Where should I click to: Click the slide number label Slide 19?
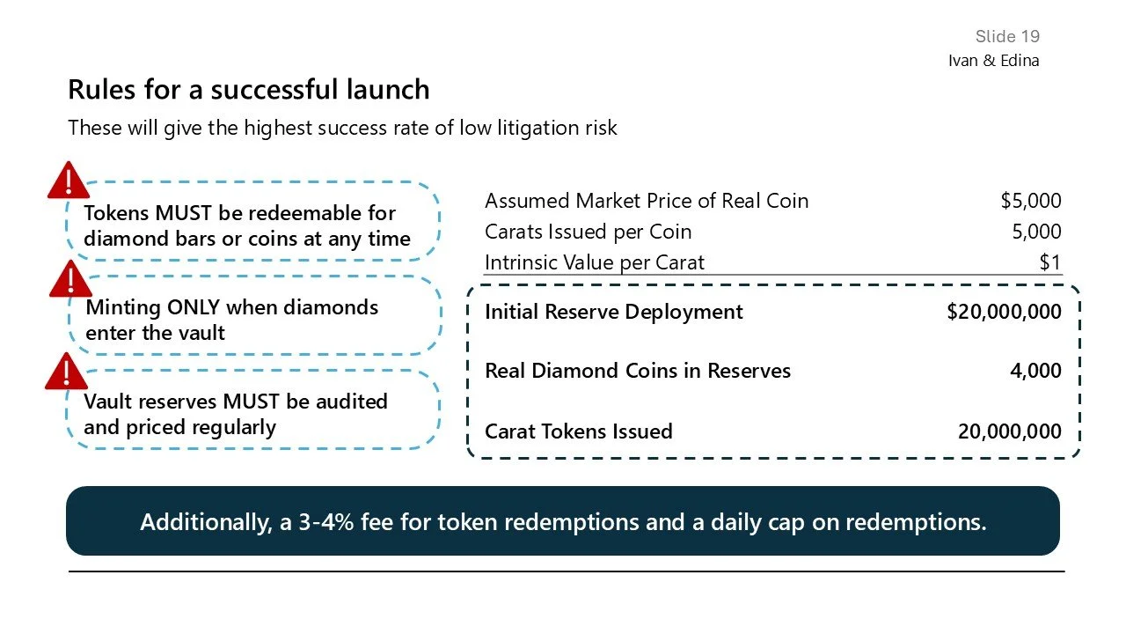(x=1007, y=36)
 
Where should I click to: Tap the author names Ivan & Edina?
(x=993, y=61)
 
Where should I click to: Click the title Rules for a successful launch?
(x=249, y=90)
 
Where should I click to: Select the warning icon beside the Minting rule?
(x=68, y=279)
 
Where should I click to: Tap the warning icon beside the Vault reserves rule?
(x=67, y=372)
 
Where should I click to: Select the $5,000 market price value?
(x=1030, y=201)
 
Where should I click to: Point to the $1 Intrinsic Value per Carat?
(x=1049, y=262)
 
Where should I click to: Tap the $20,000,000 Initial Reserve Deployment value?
(x=1004, y=312)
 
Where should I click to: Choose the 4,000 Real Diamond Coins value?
(x=1035, y=371)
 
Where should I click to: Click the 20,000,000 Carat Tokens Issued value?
(x=1009, y=431)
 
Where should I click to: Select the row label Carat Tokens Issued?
(x=578, y=431)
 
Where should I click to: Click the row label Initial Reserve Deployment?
(x=613, y=312)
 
